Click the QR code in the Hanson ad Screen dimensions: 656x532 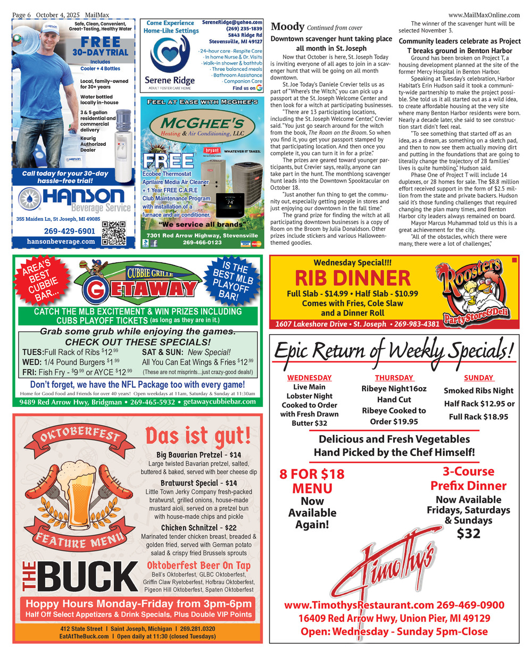click(114, 232)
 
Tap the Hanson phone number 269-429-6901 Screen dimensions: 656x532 click(69, 231)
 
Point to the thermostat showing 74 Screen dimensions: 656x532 click(230, 203)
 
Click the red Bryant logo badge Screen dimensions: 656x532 click(212, 151)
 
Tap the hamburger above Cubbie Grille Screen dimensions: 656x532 click(85, 266)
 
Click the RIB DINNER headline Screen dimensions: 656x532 click(353, 278)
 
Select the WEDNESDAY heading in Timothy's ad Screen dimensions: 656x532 click(309, 378)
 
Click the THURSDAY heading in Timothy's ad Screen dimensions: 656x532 click(394, 378)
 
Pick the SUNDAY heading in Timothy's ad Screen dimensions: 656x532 click(478, 378)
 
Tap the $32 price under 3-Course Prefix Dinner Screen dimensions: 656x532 click(468, 533)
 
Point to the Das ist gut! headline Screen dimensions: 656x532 click(198, 436)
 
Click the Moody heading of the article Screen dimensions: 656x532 click(287, 27)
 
